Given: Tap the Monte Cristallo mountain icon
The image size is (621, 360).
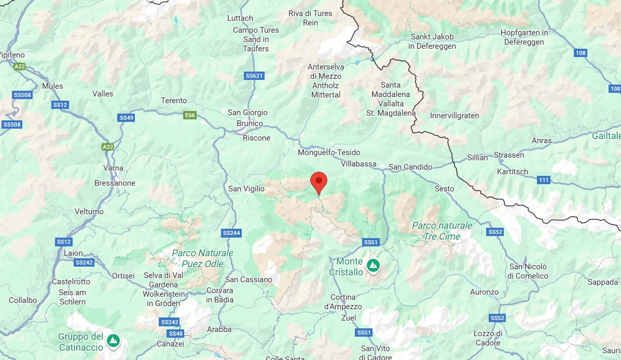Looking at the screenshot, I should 372,266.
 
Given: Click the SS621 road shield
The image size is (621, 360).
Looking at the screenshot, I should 254,76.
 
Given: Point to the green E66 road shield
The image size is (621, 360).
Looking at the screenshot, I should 190,115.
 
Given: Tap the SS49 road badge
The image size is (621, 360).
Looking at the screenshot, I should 126,118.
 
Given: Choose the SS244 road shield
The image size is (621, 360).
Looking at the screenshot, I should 231,233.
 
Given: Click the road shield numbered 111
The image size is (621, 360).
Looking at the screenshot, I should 544,180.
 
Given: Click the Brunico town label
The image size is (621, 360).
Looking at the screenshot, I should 250,124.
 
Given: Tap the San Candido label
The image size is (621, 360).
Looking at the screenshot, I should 410,167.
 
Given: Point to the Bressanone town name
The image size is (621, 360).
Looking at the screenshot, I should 115,183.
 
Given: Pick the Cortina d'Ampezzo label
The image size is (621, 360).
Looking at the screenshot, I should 343,302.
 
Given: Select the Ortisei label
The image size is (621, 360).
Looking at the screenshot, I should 123,275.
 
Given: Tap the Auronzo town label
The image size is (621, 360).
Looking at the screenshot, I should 484,292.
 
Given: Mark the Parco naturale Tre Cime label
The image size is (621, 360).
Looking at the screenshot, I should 442,231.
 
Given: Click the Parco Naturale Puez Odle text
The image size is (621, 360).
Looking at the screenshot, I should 202,258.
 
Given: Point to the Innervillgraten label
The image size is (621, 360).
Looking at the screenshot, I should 454,116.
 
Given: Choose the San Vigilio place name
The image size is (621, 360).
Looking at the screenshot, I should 246,189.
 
